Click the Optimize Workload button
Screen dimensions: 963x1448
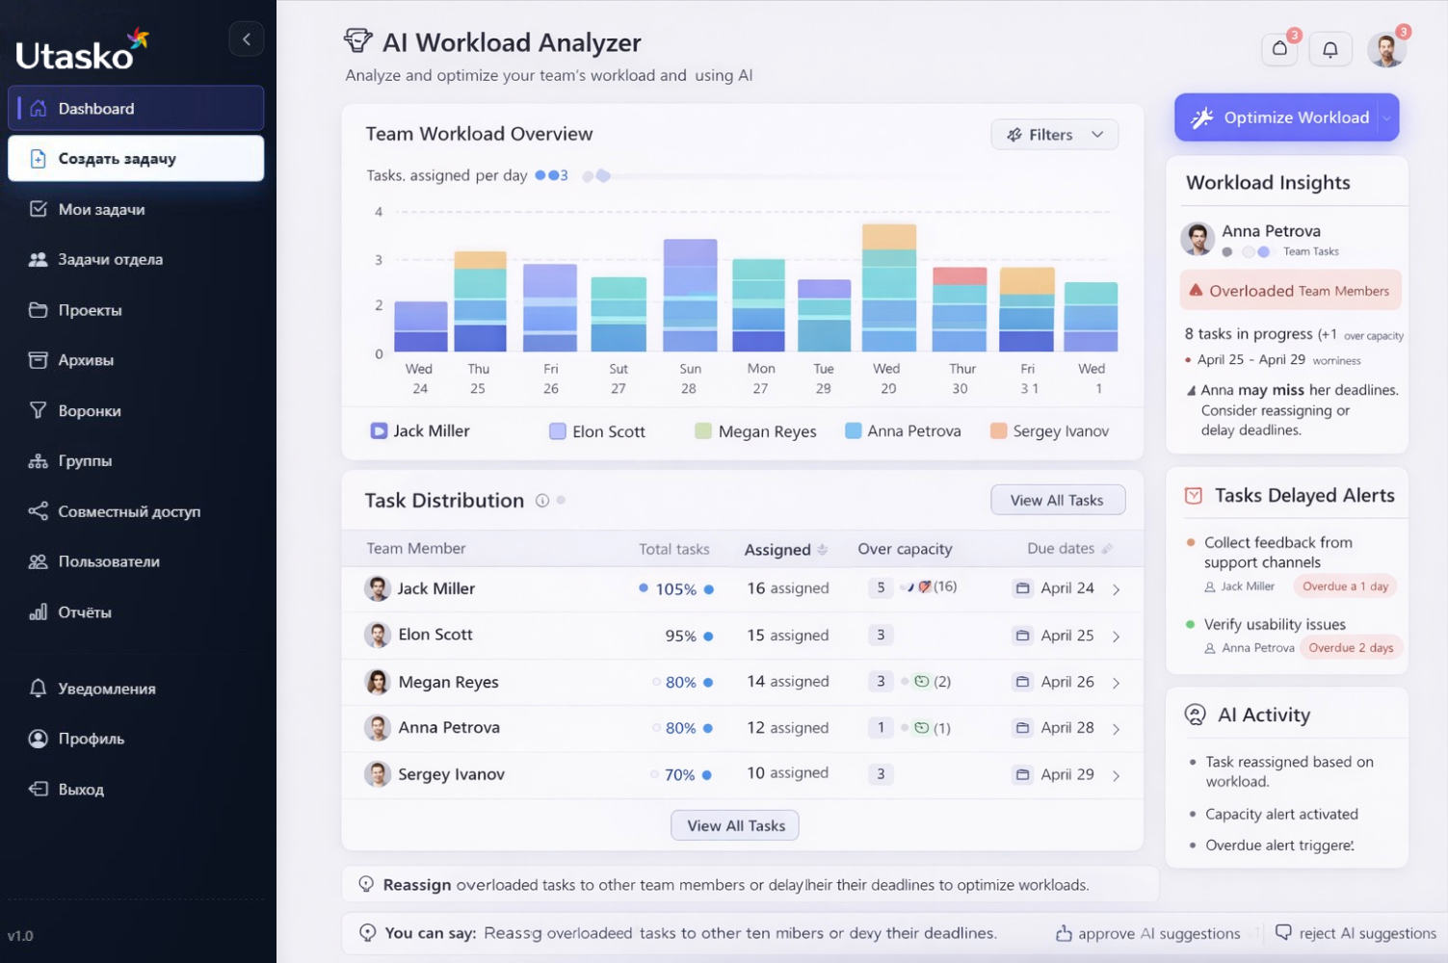click(1285, 117)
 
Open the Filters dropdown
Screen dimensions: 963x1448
click(1054, 135)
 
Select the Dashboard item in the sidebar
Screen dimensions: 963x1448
click(136, 109)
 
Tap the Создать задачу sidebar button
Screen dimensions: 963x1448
click(136, 159)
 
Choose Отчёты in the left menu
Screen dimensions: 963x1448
click(85, 612)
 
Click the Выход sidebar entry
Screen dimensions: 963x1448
click(81, 790)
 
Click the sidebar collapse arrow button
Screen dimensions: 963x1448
click(247, 39)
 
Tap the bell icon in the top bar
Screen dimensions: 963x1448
click(1330, 49)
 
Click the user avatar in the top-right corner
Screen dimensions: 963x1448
click(1386, 49)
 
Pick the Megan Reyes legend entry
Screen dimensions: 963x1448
click(767, 431)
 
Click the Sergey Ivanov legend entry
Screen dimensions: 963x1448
click(1060, 431)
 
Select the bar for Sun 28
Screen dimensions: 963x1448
click(690, 295)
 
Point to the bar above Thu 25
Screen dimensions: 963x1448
click(480, 300)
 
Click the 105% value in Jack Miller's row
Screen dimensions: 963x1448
click(675, 589)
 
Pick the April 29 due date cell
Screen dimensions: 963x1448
click(1066, 774)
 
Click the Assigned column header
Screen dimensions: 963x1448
click(777, 550)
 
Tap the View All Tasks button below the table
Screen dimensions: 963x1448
click(735, 825)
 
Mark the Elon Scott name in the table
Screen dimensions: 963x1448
click(435, 635)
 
